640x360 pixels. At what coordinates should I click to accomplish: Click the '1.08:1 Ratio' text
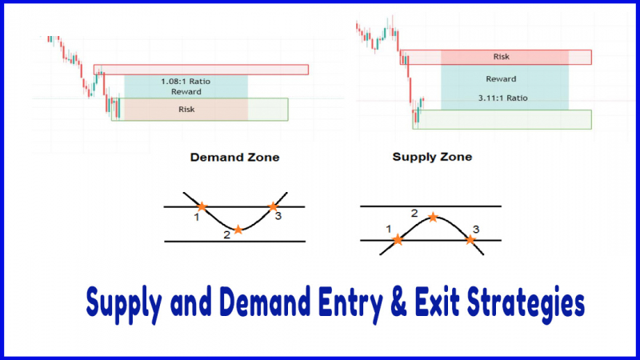point(186,82)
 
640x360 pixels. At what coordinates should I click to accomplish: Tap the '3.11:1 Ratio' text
point(503,98)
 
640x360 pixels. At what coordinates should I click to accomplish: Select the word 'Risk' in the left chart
point(186,110)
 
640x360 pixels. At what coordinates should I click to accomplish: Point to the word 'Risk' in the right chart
point(502,57)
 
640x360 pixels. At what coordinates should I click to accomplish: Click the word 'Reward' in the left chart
point(186,92)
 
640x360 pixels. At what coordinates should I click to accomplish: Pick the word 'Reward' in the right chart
point(501,78)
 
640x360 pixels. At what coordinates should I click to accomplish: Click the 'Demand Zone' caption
point(234,158)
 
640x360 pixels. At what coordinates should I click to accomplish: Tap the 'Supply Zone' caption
point(432,157)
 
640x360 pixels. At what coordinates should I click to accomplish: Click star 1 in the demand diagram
point(202,206)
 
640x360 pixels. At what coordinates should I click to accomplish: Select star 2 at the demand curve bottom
point(238,230)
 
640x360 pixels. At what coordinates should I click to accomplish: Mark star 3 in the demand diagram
point(273,206)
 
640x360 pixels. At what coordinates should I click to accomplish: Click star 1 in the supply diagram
point(398,239)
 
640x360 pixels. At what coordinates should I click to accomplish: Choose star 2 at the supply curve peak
point(433,217)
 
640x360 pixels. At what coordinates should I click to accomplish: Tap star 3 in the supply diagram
point(470,239)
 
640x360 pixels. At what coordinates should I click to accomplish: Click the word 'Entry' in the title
point(350,304)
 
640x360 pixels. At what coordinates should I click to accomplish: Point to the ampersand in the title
point(398,302)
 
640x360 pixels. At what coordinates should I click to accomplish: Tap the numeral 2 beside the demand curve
point(227,235)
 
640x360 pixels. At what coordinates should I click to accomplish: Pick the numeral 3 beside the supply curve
point(476,230)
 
